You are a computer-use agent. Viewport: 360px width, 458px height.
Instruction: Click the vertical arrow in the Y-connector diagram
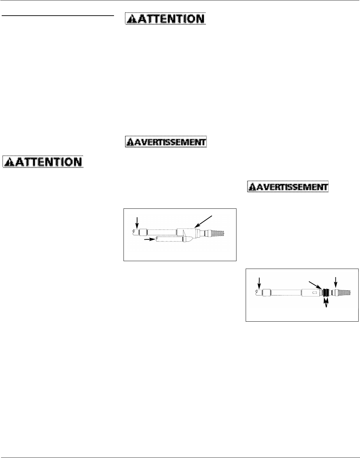[137, 223]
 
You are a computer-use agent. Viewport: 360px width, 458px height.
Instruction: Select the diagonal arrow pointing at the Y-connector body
[204, 221]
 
